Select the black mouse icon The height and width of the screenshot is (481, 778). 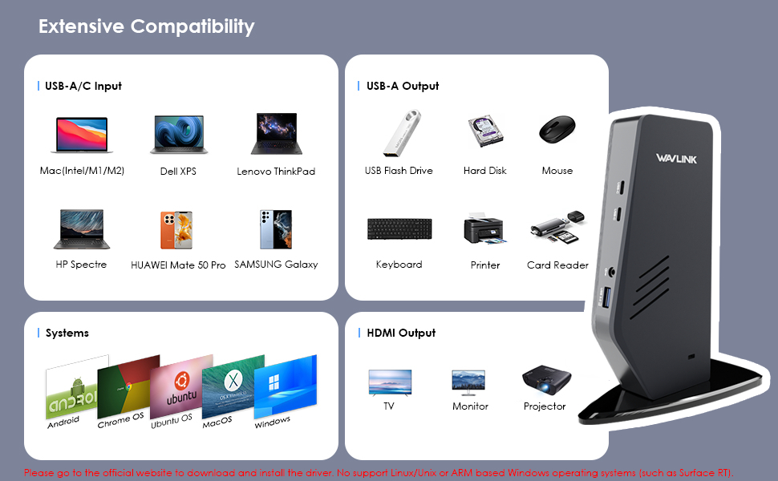point(557,130)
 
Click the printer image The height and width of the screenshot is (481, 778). point(485,229)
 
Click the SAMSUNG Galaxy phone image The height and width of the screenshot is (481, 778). point(275,229)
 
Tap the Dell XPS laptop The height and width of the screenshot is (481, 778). point(178,134)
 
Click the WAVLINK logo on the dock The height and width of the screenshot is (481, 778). point(675,158)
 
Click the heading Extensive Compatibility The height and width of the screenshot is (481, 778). point(146,26)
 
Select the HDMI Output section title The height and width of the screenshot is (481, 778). point(400,333)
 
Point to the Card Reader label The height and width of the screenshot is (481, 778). point(557,265)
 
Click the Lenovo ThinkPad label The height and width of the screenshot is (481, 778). point(276,172)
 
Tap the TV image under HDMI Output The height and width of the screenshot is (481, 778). point(389,382)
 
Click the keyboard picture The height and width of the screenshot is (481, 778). point(399,228)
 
